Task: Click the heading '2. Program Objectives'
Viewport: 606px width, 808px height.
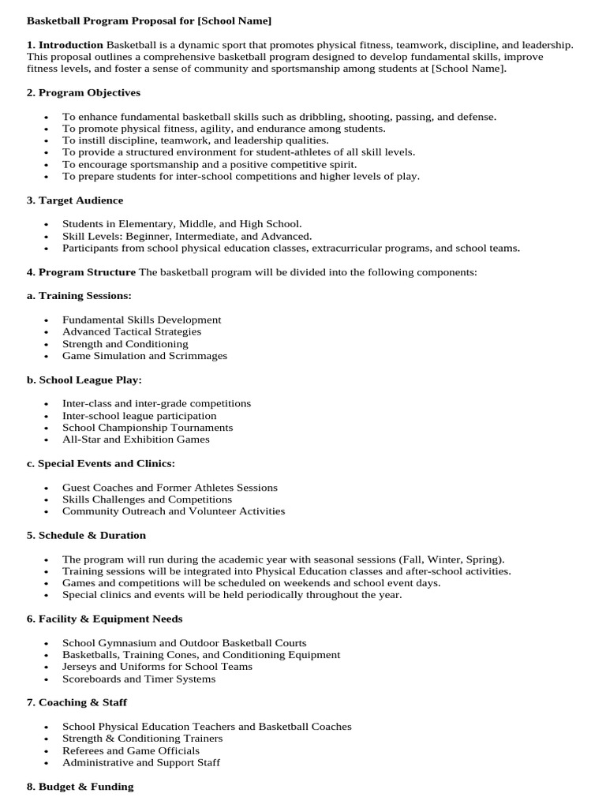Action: [84, 92]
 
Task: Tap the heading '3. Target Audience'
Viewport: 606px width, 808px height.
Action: [75, 200]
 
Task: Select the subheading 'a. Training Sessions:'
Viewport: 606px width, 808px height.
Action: [79, 295]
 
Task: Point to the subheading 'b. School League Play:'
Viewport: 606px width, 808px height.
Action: [84, 380]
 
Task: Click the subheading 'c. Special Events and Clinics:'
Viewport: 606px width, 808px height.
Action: [101, 463]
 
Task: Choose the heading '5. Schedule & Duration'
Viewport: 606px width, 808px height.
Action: [86, 535]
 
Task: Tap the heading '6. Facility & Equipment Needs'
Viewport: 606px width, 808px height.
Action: [104, 619]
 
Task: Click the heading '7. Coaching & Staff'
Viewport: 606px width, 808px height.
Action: [77, 702]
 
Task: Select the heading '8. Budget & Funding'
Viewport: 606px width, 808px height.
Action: [80, 786]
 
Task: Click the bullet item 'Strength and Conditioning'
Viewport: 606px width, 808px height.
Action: [125, 344]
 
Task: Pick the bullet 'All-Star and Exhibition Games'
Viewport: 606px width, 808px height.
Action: [136, 440]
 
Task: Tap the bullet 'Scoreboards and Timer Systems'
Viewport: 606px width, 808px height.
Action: [139, 679]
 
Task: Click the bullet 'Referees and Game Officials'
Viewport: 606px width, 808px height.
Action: [131, 750]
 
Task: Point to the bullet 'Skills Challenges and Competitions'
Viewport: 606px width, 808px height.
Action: [147, 499]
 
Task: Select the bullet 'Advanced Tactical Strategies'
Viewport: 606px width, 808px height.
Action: [132, 331]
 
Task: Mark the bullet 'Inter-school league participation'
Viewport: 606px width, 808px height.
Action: [140, 416]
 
